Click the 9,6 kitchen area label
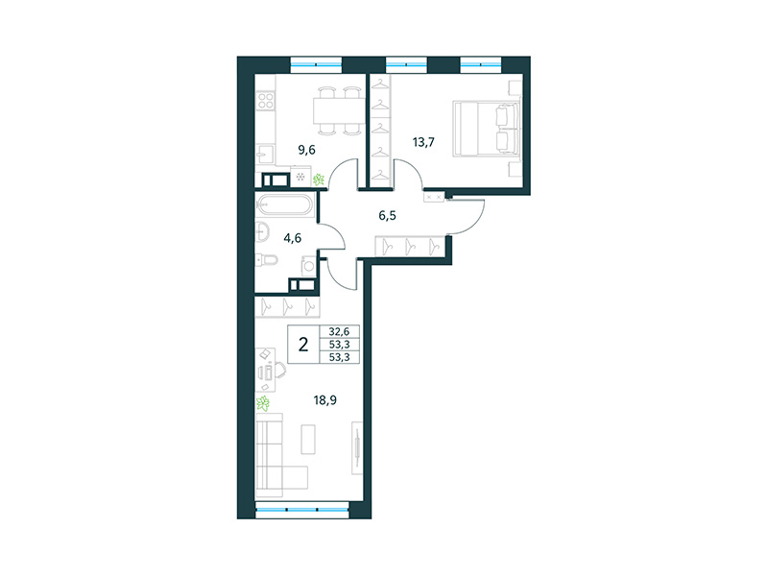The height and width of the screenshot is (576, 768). point(306,149)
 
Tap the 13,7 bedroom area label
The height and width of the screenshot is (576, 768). point(423,143)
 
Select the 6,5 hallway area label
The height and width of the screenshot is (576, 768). point(388,216)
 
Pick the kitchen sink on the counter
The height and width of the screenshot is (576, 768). point(265,153)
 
